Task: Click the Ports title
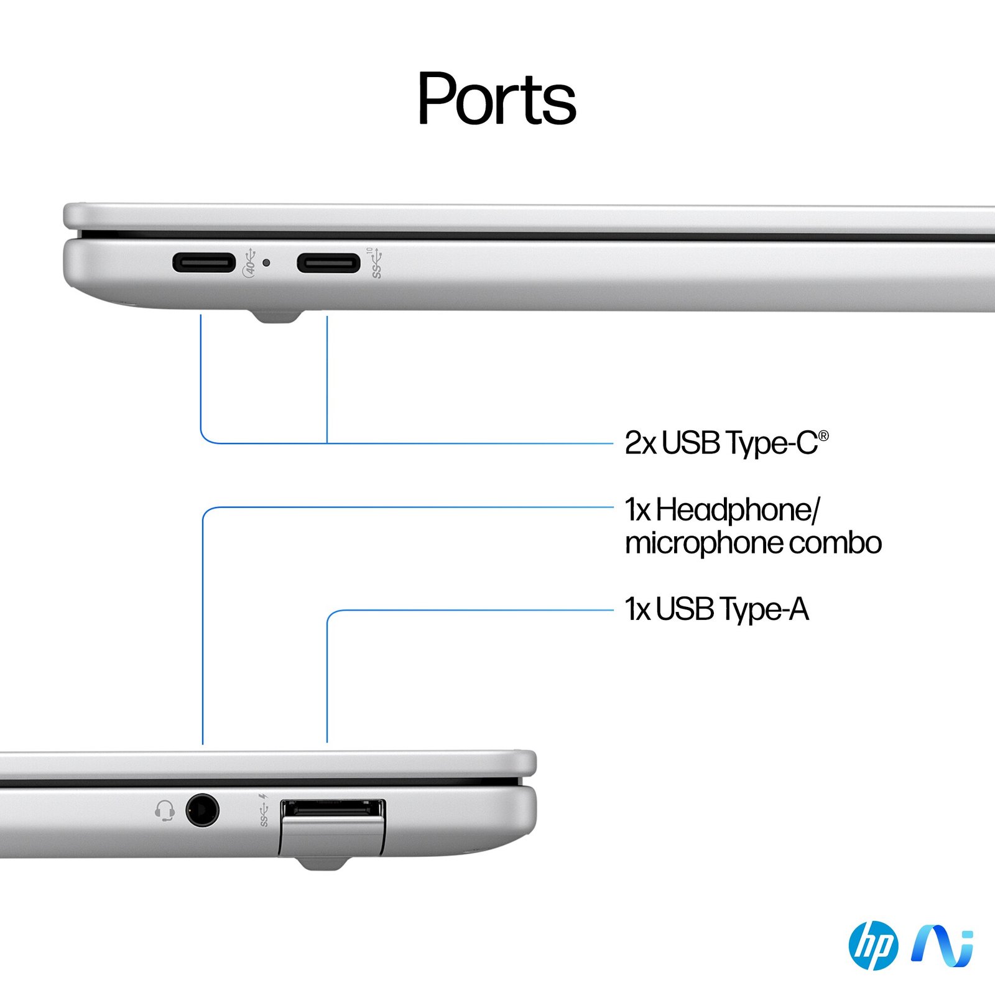pyautogui.click(x=496, y=99)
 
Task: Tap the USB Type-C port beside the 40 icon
pyautogui.click(x=204, y=262)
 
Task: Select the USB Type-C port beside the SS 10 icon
pyautogui.click(x=328, y=263)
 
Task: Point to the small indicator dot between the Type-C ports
pyautogui.click(x=267, y=262)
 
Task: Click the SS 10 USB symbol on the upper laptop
pyautogui.click(x=376, y=263)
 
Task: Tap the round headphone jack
pyautogui.click(x=202, y=810)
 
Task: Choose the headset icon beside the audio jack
pyautogui.click(x=165, y=810)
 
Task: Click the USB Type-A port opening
pyautogui.click(x=333, y=808)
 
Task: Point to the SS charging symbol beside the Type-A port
pyautogui.click(x=264, y=810)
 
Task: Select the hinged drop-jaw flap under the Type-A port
pyautogui.click(x=333, y=837)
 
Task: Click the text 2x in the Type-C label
pyautogui.click(x=640, y=443)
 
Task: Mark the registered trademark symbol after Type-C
pyautogui.click(x=823, y=436)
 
